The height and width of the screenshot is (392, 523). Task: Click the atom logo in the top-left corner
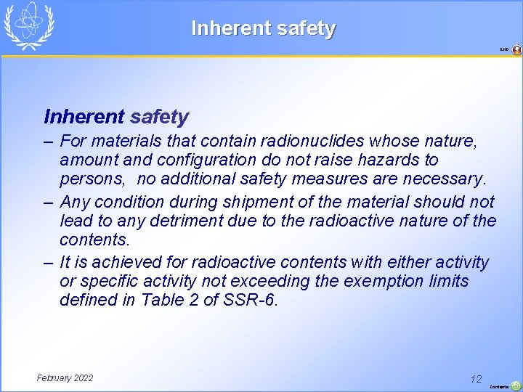pyautogui.click(x=28, y=25)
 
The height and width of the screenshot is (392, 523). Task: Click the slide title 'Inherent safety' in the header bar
pyautogui.click(x=263, y=28)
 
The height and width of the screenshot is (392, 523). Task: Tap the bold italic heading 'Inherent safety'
pyautogui.click(x=116, y=116)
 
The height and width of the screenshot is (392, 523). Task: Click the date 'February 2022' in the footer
pyautogui.click(x=65, y=377)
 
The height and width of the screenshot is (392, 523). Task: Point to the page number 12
pyautogui.click(x=476, y=379)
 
